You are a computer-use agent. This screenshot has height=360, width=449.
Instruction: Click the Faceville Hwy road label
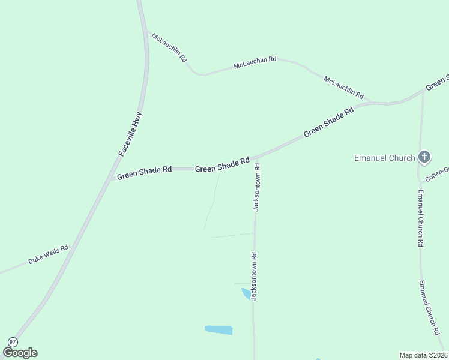(131, 134)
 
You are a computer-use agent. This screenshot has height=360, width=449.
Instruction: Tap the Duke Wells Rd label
(48, 254)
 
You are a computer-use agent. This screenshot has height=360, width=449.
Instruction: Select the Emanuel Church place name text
(384, 158)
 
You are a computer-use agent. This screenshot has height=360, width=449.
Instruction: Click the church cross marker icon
(424, 158)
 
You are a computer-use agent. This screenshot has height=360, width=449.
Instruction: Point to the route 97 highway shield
(11, 341)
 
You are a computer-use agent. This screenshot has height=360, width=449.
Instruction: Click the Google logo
(20, 353)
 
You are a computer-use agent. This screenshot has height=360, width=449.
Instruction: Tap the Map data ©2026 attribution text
(423, 355)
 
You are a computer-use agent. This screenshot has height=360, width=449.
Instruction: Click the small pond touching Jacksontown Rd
(246, 293)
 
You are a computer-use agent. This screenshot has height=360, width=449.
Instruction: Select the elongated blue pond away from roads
(218, 329)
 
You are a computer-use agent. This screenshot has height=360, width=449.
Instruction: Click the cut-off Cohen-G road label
(437, 175)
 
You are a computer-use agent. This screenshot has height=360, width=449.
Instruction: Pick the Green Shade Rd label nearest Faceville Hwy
(144, 173)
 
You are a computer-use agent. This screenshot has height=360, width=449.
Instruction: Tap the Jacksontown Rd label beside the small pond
(255, 276)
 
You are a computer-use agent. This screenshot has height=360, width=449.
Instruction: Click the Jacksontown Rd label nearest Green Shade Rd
(256, 188)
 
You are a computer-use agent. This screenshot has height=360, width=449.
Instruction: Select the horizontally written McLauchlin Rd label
(255, 61)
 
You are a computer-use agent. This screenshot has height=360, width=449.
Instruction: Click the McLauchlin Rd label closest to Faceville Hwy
(170, 48)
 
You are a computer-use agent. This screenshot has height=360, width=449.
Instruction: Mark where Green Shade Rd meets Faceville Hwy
(110, 179)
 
